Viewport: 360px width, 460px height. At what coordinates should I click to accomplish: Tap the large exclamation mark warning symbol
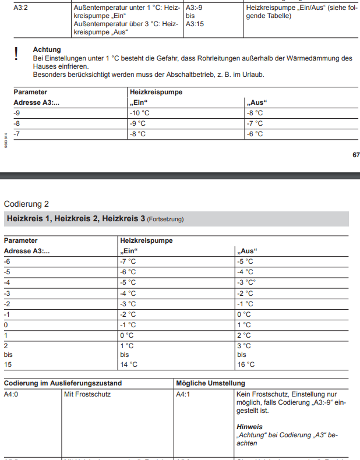click(16, 54)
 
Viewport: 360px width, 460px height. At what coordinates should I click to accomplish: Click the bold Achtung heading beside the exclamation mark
click(47, 49)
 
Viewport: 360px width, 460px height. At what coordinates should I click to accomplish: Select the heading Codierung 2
click(26, 204)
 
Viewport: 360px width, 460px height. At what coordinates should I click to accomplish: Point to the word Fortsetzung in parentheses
click(165, 220)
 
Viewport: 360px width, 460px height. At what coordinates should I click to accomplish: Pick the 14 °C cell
click(129, 365)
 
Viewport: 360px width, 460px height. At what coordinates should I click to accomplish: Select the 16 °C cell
click(245, 365)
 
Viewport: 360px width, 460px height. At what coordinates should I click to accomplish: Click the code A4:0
click(12, 394)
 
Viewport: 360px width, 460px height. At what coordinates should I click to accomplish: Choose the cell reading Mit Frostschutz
click(87, 394)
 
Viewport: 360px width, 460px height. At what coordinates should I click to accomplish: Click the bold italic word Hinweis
click(249, 427)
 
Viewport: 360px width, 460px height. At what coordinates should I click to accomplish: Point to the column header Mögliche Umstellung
click(210, 383)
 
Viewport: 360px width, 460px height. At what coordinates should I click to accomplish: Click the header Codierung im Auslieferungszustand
click(63, 383)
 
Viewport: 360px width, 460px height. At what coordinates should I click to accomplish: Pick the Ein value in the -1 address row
click(128, 314)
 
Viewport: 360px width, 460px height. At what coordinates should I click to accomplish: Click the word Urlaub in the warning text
click(253, 75)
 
